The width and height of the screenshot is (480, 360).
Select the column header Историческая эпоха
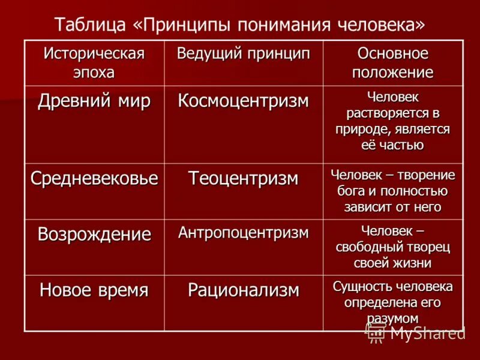click(94, 62)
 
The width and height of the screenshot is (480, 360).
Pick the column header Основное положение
click(393, 63)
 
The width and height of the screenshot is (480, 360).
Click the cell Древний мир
click(94, 100)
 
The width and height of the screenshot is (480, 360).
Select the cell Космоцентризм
click(243, 100)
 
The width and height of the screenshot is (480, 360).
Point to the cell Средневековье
click(94, 178)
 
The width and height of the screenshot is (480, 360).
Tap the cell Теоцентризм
click(243, 178)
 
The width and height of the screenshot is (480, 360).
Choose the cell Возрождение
click(94, 234)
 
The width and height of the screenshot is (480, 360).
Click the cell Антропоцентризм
click(243, 232)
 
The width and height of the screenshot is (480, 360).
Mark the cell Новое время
click(94, 290)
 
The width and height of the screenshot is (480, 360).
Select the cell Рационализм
click(243, 290)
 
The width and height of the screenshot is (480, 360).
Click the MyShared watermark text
click(427, 333)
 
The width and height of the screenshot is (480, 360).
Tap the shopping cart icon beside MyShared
click(376, 332)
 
